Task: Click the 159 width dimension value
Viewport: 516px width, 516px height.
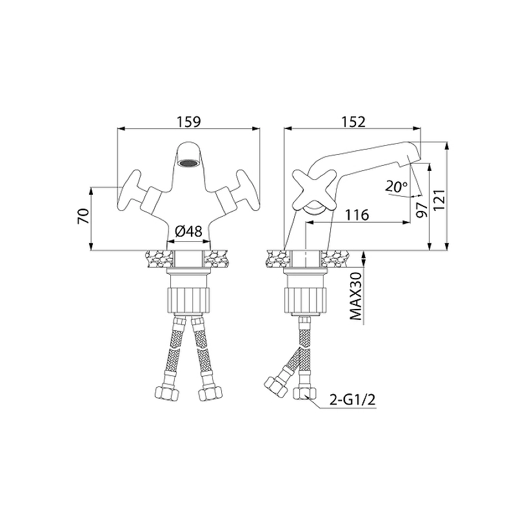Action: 189,122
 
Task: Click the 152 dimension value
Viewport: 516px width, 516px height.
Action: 353,122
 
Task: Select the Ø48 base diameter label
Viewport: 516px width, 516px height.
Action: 188,232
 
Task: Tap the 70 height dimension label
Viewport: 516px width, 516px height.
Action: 83,216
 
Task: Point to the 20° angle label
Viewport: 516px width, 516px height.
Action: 396,187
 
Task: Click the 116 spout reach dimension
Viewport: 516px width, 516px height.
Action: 357,215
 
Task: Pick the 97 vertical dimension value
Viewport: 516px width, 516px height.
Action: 422,210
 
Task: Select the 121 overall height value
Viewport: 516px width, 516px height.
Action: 440,200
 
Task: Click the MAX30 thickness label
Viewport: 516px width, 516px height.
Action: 356,296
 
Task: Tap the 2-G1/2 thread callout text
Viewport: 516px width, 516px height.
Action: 352,400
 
